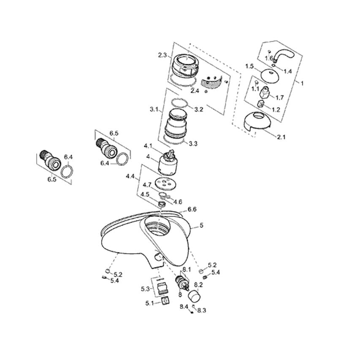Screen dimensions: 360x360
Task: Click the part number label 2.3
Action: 162,55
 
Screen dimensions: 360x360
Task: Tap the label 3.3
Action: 193,144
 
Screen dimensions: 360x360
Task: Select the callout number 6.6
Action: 192,209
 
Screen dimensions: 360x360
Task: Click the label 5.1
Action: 150,303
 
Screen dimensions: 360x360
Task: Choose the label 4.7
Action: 147,185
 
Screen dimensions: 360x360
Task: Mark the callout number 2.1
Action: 282,137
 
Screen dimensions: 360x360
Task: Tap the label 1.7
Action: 279,97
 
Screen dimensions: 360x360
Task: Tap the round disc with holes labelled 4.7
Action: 166,184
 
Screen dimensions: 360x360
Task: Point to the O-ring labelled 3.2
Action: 180,103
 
